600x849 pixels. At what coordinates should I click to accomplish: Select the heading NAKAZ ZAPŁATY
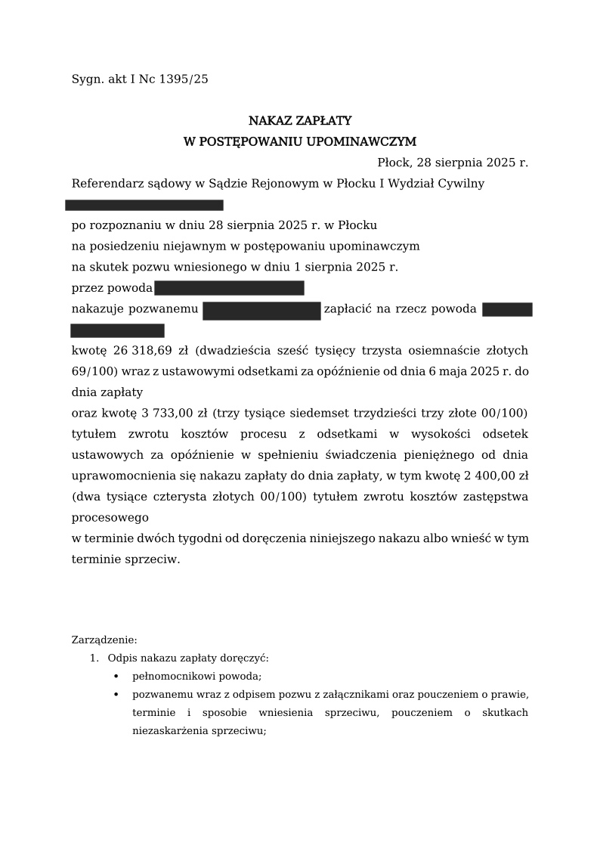click(300, 121)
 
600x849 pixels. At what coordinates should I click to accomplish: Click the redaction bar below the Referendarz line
click(144, 205)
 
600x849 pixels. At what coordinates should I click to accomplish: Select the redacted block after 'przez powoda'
click(229, 288)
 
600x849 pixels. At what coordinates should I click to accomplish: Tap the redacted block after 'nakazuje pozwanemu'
click(261, 310)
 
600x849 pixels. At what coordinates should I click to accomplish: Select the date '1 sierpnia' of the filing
click(348, 267)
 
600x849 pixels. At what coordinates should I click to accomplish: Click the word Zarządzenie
click(104, 640)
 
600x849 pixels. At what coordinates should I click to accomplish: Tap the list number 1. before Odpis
click(94, 658)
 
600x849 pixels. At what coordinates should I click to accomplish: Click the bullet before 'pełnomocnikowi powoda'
click(116, 677)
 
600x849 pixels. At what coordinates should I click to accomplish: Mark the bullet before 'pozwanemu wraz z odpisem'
click(116, 695)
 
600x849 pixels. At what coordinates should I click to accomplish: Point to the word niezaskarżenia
click(169, 731)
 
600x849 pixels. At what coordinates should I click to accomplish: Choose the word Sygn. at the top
click(88, 79)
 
